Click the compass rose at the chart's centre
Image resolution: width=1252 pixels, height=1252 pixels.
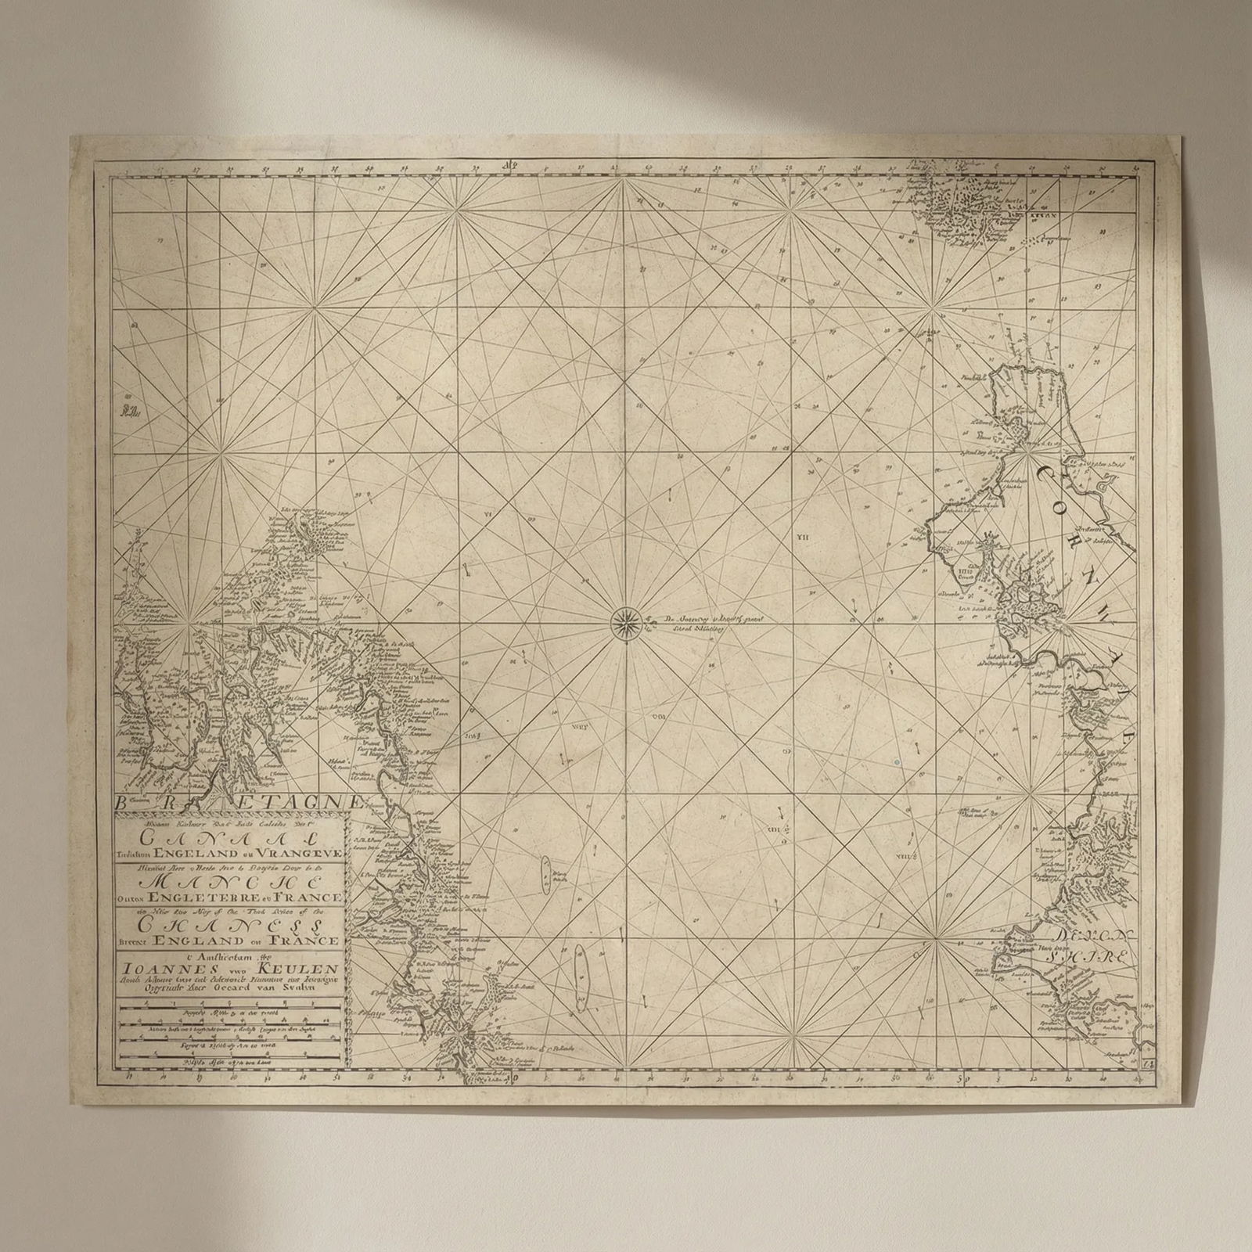point(625,622)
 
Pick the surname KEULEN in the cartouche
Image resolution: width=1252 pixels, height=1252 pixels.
point(300,967)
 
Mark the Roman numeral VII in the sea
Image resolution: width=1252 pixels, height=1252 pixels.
point(802,538)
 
